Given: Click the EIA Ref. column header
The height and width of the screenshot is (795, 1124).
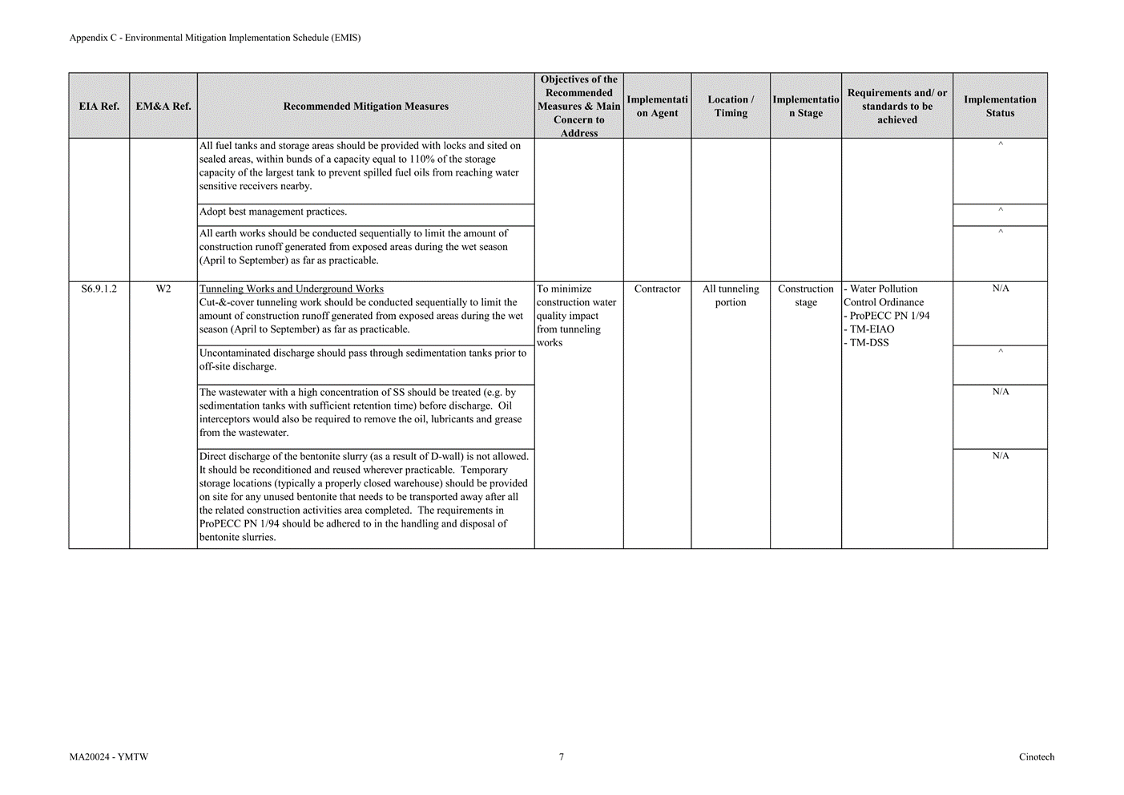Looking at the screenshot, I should [x=99, y=107].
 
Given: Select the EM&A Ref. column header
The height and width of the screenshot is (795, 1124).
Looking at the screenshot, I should [x=163, y=107].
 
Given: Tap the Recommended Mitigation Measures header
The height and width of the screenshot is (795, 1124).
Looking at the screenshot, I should [x=365, y=107].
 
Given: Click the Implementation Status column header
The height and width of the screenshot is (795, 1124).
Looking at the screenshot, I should [x=1000, y=107].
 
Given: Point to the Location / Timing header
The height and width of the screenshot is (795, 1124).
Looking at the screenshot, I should [x=731, y=107].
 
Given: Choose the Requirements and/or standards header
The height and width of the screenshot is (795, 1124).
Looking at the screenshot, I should [x=896, y=107].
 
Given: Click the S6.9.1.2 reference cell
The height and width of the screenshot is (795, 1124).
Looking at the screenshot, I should [x=99, y=289].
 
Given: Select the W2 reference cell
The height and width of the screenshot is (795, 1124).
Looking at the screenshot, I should [x=163, y=289].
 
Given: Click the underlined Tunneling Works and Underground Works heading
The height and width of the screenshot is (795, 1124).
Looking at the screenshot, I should [x=292, y=289].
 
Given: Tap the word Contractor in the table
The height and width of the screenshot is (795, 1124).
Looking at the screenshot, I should [x=657, y=289].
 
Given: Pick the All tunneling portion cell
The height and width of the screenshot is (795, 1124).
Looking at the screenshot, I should [x=731, y=296].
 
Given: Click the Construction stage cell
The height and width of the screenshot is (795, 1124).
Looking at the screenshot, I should [x=806, y=296].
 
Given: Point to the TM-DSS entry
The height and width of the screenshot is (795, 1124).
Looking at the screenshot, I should [x=868, y=343].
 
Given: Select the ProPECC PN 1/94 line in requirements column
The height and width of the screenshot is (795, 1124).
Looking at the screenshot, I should [x=888, y=316].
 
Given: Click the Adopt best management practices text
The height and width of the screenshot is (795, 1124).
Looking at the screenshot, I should [x=273, y=212].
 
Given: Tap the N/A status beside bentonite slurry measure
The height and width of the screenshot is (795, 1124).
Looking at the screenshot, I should [x=1001, y=456].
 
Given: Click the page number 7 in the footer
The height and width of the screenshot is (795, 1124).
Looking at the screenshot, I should [x=562, y=757].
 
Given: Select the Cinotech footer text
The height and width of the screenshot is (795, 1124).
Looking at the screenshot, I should [x=1037, y=757].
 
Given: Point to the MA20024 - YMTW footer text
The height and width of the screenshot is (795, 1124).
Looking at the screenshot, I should [x=109, y=757].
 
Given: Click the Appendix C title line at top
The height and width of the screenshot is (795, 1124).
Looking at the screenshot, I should [x=215, y=38].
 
